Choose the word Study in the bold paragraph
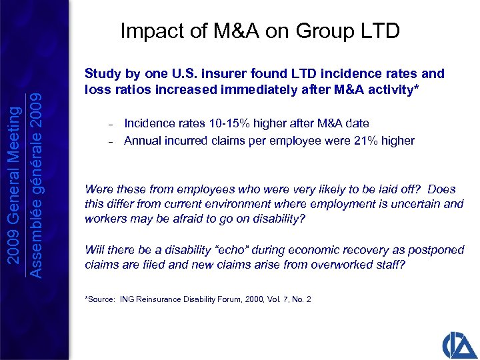(100, 74)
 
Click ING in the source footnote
(127, 299)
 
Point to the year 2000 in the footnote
(255, 299)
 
